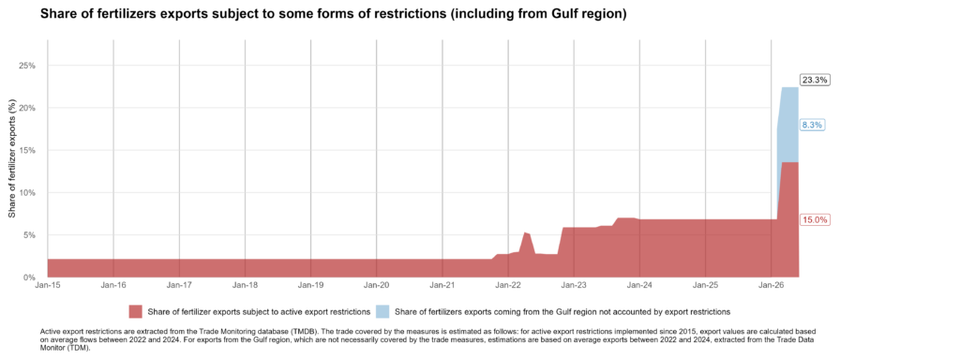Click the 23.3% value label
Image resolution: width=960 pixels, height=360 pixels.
815,81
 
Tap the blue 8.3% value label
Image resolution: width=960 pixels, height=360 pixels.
813,125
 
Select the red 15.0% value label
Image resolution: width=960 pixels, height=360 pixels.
815,219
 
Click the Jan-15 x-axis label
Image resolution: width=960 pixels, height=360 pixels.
48,285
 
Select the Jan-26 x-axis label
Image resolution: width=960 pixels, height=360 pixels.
771,285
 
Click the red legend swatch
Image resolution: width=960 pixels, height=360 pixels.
135,311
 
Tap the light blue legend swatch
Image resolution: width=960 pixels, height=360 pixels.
383,311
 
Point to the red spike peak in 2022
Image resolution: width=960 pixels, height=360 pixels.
525,232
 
